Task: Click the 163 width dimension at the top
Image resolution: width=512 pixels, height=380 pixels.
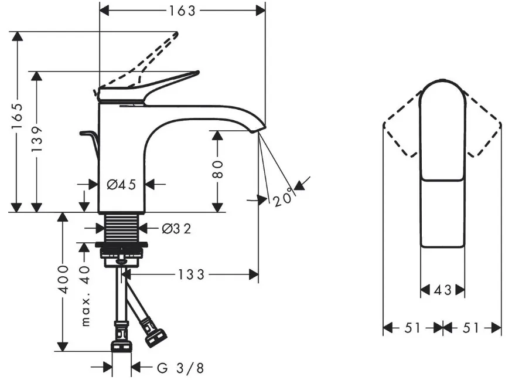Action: pos(182,11)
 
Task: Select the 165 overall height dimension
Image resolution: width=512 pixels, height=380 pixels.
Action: pos(18,116)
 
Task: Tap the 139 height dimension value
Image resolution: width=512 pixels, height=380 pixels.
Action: pos(37,138)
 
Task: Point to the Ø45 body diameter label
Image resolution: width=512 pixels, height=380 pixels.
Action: pos(121,185)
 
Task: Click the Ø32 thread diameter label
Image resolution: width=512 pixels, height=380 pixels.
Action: pos(177,229)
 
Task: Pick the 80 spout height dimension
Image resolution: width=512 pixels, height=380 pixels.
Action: pos(217,169)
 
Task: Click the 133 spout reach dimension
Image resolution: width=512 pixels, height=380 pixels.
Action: pos(192,274)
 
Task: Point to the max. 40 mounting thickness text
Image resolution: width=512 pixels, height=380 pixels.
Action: pos(85,296)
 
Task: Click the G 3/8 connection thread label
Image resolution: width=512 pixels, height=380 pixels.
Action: pos(180,368)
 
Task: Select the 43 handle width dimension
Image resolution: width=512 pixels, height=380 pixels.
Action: pos(442,290)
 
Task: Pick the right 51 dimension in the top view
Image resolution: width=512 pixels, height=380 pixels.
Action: pos(471,328)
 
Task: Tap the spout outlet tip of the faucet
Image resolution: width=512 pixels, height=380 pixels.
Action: pos(258,130)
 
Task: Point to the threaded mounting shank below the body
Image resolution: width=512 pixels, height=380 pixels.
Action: pos(121,228)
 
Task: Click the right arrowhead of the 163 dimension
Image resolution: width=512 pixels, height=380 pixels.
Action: pos(261,11)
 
